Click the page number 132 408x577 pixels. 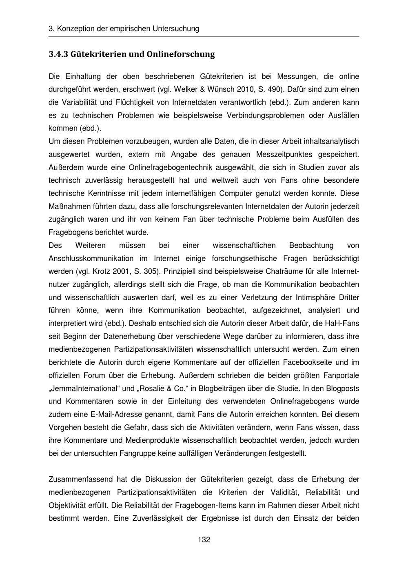pyautogui.click(x=204, y=540)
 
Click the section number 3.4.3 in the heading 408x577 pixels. pyautogui.click(x=58, y=54)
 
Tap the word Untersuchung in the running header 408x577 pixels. pyautogui.click(x=176, y=29)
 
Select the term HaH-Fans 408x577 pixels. pyautogui.click(x=342, y=324)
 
